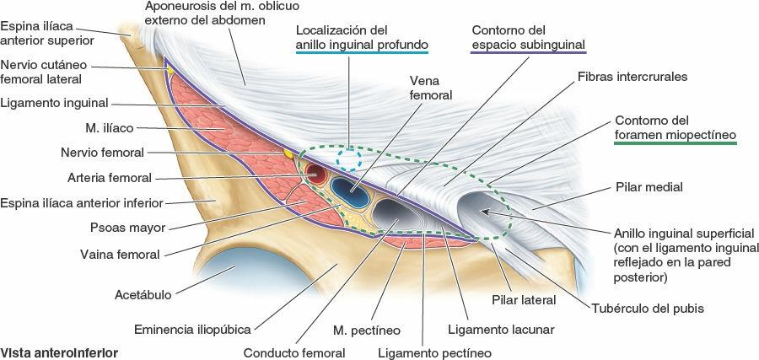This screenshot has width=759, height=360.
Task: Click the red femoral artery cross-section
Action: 317,175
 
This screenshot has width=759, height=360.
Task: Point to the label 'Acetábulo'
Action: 143,295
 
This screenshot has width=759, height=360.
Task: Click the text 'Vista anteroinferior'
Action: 59,352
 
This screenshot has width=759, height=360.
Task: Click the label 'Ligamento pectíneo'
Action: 434,353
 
